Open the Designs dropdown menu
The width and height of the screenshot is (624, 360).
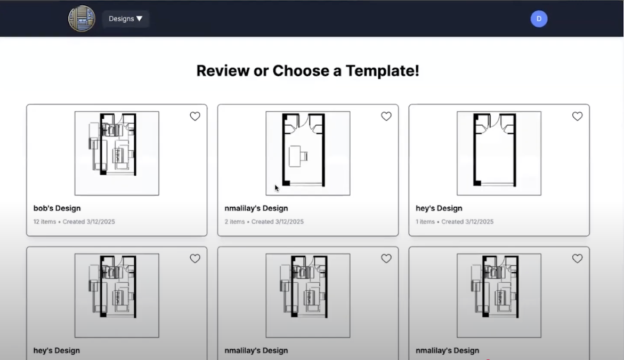[x=125, y=19]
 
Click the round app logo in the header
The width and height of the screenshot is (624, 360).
[x=82, y=18]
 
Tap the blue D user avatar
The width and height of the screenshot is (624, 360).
[x=539, y=19]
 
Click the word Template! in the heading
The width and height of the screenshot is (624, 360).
[x=382, y=71]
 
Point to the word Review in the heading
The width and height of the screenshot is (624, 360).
[x=223, y=71]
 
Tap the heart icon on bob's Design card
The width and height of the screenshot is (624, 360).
[x=195, y=116]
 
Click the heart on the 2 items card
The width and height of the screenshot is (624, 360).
[x=386, y=116]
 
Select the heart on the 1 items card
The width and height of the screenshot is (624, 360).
[x=578, y=116]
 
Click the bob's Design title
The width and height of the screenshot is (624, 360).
[x=57, y=208]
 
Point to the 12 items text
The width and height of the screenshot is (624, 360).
[x=45, y=222]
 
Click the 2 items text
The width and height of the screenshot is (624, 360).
[x=234, y=222]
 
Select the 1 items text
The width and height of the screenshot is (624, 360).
[x=425, y=222]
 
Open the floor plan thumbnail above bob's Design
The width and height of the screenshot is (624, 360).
[x=117, y=153]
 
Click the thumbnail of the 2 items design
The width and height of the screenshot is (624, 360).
[x=308, y=153]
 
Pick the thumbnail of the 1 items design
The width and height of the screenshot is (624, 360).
[x=499, y=153]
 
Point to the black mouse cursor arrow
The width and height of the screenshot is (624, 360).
[x=277, y=188]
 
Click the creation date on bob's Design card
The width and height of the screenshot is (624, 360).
[x=89, y=222]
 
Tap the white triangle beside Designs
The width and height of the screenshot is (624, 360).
[x=139, y=19]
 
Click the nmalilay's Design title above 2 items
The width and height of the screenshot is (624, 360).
[x=256, y=208]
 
